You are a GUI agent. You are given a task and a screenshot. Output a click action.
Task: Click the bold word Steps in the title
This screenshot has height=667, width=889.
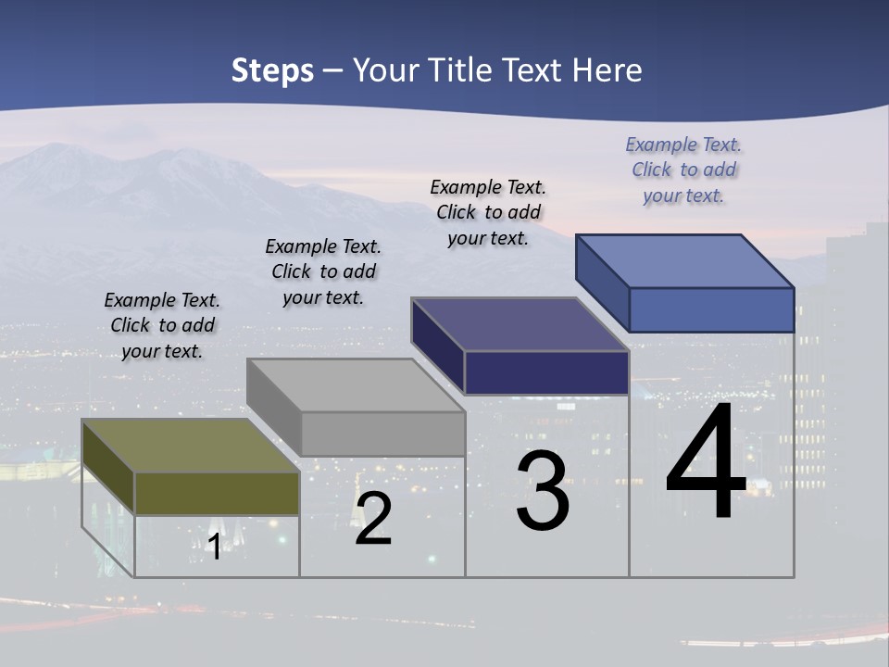click(x=272, y=71)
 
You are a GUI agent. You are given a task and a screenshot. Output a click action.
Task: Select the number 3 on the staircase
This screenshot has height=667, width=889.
click(x=543, y=491)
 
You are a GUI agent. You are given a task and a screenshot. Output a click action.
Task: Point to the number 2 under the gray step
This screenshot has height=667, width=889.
click(x=373, y=520)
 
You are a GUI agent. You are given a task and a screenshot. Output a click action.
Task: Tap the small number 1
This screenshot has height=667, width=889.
click(x=214, y=547)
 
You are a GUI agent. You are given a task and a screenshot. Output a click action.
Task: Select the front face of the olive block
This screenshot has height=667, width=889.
click(x=217, y=493)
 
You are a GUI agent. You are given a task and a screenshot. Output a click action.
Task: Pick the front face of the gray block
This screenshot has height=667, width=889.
click(x=382, y=434)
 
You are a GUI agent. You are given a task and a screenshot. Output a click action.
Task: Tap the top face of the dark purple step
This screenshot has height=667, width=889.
click(x=520, y=324)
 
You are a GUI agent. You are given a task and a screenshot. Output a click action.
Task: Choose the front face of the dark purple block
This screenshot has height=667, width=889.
click(x=546, y=372)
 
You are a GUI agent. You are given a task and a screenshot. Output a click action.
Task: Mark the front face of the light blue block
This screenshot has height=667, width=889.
click(x=711, y=309)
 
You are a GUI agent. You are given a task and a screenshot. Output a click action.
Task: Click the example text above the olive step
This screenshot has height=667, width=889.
click(x=162, y=326)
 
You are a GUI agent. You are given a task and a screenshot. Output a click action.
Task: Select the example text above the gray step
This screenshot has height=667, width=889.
click(x=323, y=272)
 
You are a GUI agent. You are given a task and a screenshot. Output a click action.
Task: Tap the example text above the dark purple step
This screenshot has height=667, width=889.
click(x=488, y=212)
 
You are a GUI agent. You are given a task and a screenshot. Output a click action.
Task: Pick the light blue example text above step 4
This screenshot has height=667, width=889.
click(x=683, y=170)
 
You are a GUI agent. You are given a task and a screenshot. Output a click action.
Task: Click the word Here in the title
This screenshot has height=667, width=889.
click(x=607, y=71)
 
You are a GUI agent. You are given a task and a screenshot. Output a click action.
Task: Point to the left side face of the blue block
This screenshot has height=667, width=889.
click(x=602, y=283)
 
